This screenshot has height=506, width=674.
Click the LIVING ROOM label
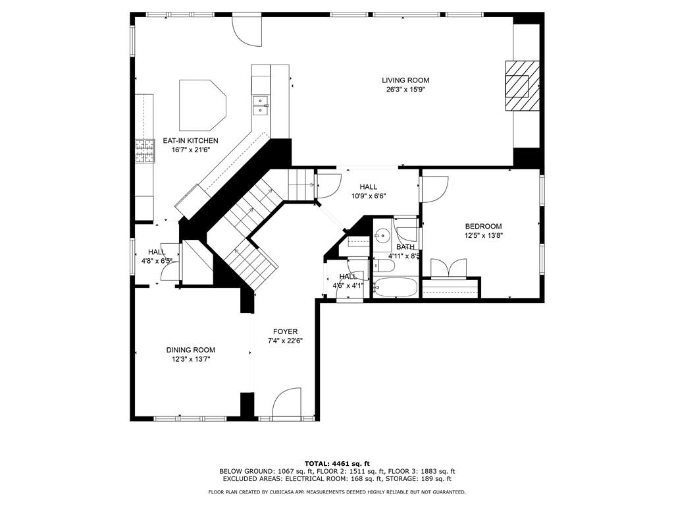(x=405, y=80)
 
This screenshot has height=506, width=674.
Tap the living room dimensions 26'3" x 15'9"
(x=405, y=90)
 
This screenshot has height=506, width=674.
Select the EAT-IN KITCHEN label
(x=190, y=141)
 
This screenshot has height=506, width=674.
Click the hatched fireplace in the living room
(x=522, y=86)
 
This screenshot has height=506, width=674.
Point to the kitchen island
(x=202, y=105)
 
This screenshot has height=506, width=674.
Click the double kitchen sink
(x=261, y=106)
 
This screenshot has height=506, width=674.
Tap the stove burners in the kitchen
(x=145, y=152)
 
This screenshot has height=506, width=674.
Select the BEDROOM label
(x=483, y=227)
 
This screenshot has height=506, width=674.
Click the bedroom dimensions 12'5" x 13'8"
(x=483, y=236)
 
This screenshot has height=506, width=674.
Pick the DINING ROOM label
(x=190, y=351)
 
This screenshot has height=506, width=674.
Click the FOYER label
(x=285, y=332)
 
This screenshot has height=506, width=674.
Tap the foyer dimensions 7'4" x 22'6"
(x=285, y=341)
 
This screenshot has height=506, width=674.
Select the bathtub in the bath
(x=395, y=287)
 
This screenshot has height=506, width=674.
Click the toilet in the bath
(x=382, y=266)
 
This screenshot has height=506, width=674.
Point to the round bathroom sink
(x=381, y=235)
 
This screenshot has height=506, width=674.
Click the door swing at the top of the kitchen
(x=246, y=30)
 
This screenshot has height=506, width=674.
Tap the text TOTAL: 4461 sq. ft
(x=337, y=463)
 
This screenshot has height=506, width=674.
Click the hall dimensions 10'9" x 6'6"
(x=369, y=196)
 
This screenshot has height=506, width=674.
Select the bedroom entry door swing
(x=435, y=189)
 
